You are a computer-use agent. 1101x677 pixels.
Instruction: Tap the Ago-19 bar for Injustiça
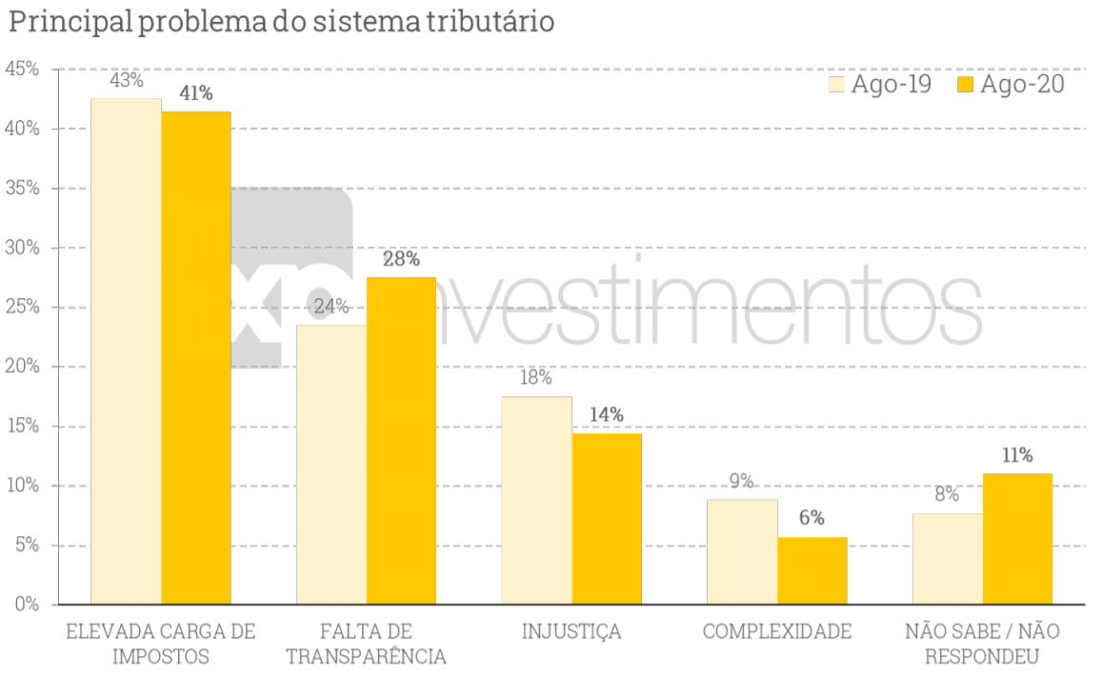click(537, 500)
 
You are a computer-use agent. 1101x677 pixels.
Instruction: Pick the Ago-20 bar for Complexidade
click(812, 570)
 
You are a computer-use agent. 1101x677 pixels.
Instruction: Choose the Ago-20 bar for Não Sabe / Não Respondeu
click(1017, 538)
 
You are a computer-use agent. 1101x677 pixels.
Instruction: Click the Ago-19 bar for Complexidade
click(742, 551)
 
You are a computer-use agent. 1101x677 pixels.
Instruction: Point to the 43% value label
click(126, 81)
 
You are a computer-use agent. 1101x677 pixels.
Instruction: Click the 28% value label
click(401, 259)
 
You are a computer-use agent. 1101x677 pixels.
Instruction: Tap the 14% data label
click(607, 415)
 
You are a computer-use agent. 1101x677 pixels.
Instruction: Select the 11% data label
click(1017, 455)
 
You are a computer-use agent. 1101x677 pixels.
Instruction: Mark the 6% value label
click(812, 519)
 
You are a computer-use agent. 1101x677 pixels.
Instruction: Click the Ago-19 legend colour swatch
click(837, 84)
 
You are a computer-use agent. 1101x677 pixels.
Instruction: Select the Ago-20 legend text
click(1022, 84)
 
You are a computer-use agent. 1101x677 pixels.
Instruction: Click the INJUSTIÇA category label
click(571, 632)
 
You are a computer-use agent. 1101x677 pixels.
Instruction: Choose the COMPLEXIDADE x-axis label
click(777, 632)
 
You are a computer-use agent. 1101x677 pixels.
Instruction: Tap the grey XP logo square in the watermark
click(286, 276)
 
